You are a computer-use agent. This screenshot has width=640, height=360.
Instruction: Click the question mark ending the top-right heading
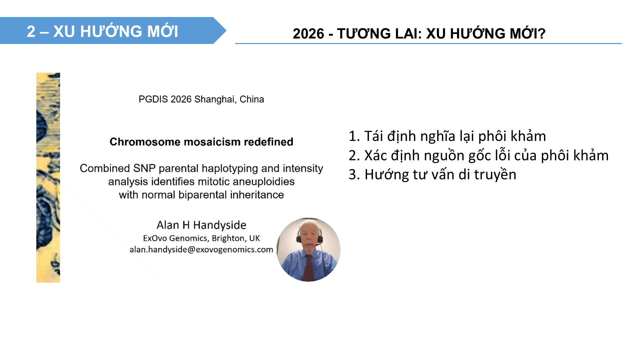[x=542, y=33]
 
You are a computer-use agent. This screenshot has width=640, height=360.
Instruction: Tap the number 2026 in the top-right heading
[x=308, y=34]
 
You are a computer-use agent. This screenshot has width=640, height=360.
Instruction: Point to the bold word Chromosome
[x=145, y=142]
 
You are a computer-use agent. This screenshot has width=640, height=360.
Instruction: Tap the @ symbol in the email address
[x=191, y=250]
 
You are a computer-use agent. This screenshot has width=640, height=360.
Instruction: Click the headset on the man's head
[x=309, y=233]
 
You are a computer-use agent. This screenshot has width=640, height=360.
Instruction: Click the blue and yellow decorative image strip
[x=48, y=178]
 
